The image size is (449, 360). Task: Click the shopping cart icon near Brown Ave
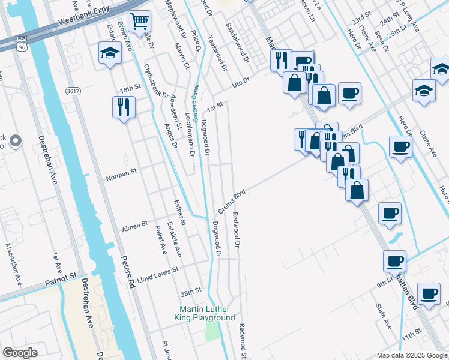[139, 22]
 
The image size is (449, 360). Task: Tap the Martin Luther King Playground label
[204, 313]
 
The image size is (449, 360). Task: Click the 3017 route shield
[73, 91]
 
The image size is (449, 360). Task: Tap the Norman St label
[122, 178]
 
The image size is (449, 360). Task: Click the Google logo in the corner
[20, 353]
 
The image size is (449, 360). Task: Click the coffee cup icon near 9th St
[394, 262]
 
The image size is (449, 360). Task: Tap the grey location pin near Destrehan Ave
[16, 142]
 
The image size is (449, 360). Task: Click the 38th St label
[191, 292]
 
